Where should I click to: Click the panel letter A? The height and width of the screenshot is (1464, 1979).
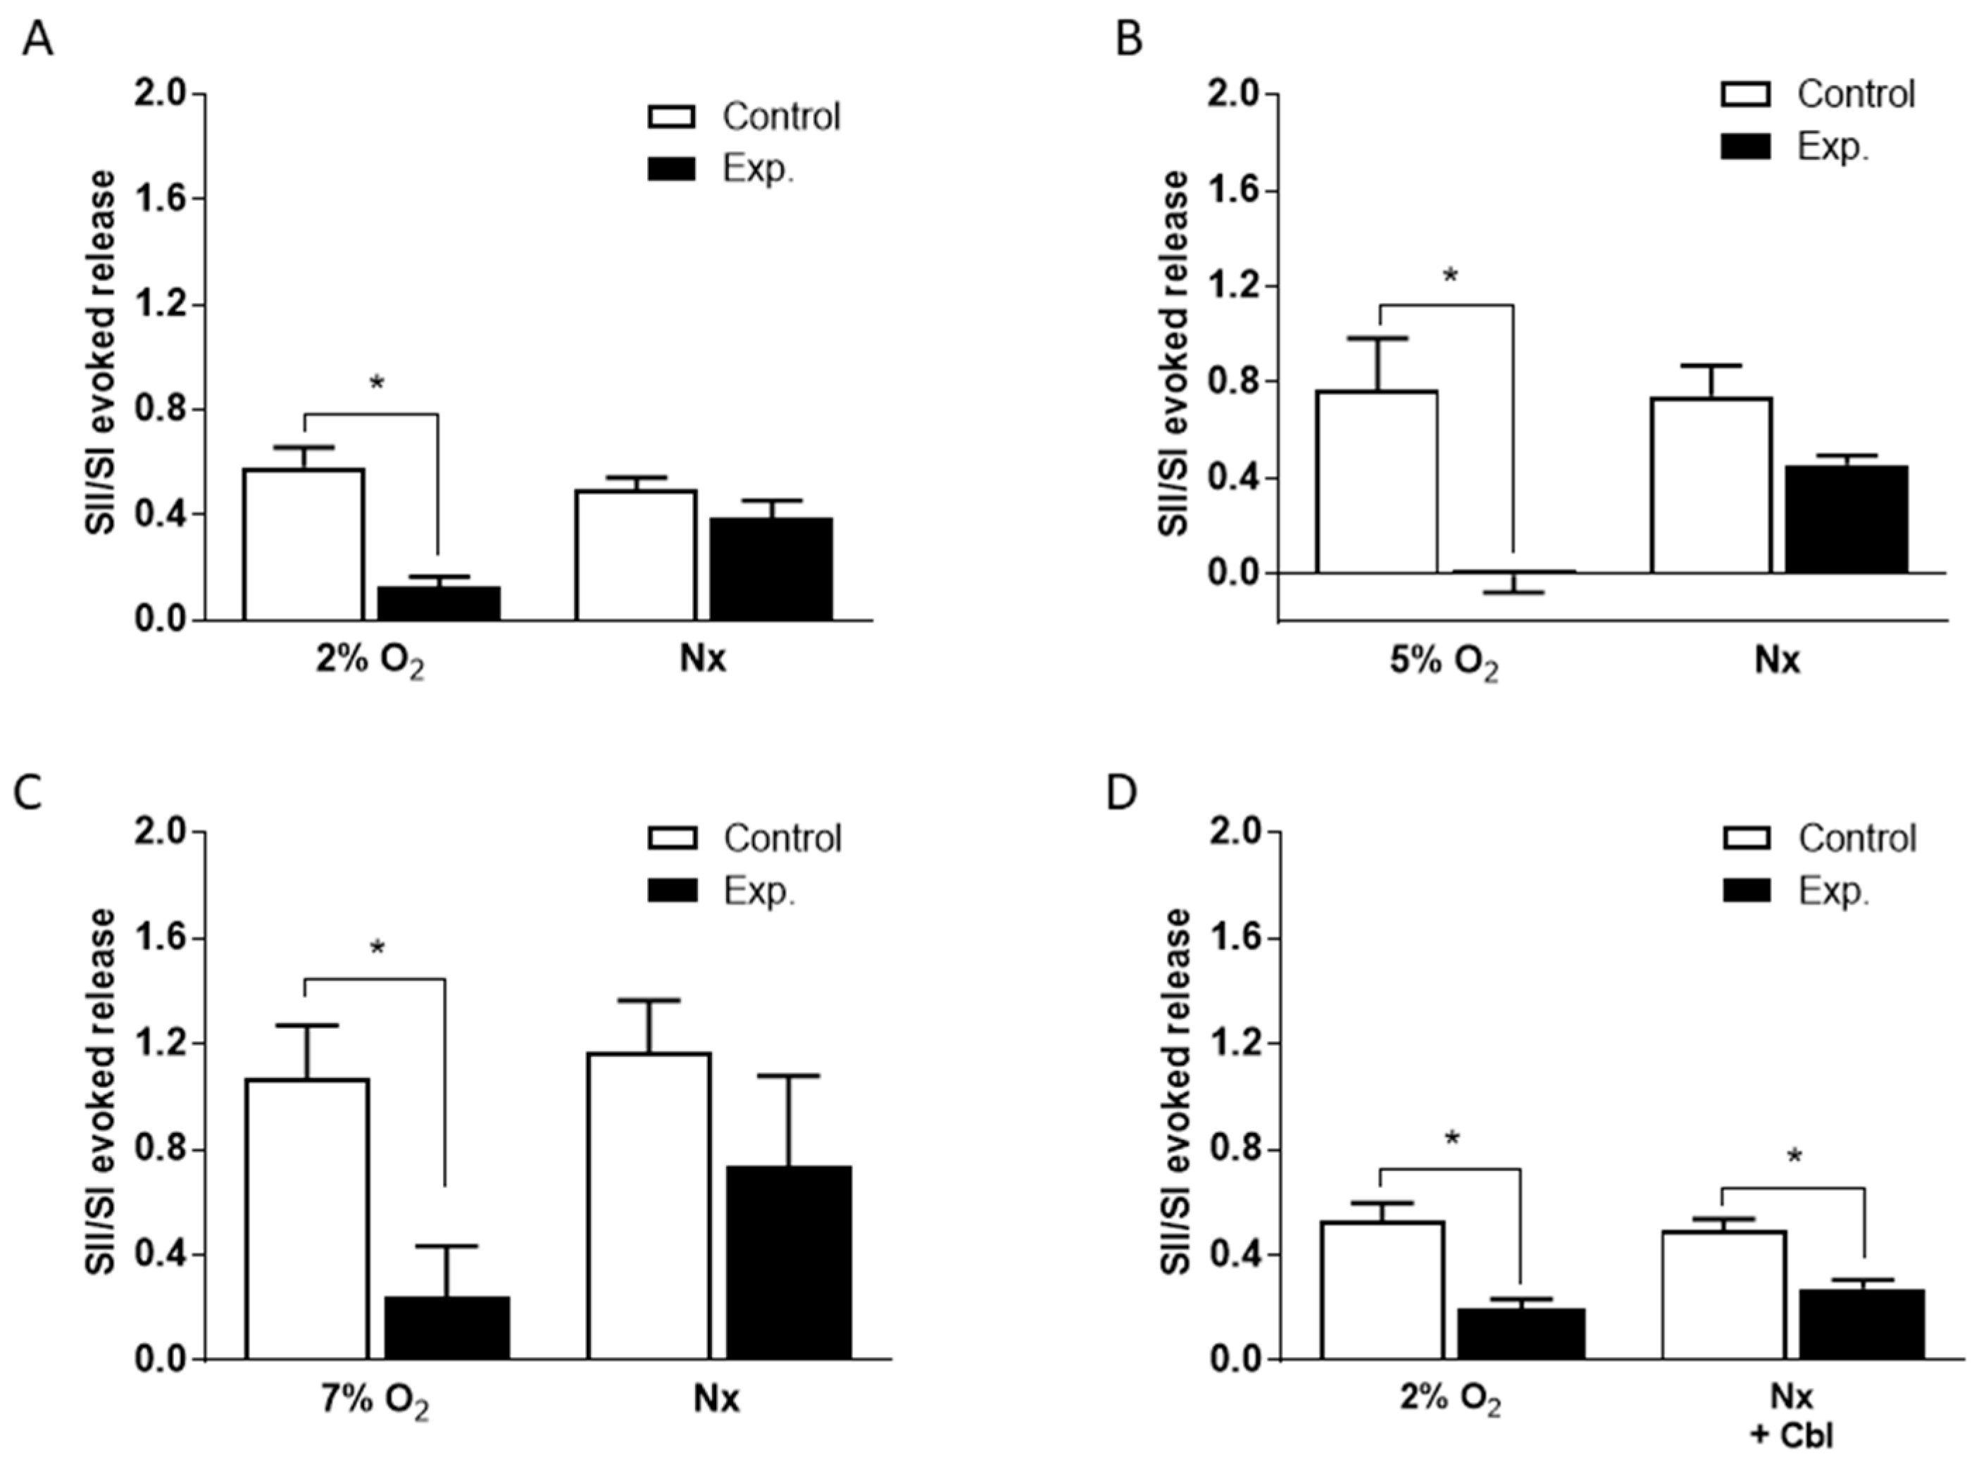point(37,41)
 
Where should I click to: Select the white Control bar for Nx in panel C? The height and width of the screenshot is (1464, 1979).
point(649,1206)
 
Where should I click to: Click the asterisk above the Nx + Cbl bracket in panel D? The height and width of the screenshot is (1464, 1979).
point(1794,1156)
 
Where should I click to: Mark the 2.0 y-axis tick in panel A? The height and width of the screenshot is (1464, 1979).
point(162,93)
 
